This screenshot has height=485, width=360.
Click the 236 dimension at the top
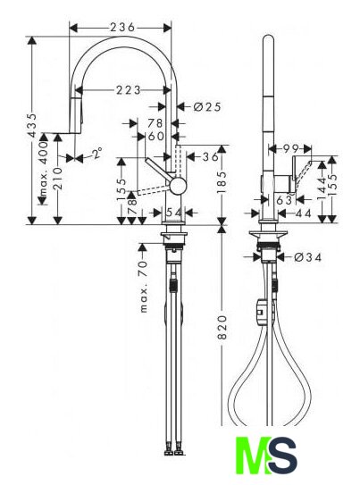[x=122, y=27]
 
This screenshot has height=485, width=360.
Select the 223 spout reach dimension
[x=128, y=90]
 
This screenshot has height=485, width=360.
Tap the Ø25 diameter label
[x=207, y=106]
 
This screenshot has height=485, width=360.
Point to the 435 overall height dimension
[x=32, y=125]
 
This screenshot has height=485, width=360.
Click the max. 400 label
[x=44, y=169]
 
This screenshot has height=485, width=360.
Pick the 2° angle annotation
[x=97, y=153]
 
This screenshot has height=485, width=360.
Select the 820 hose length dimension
[x=222, y=327]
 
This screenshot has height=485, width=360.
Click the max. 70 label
[x=144, y=287]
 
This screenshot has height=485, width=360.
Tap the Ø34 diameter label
[x=307, y=257]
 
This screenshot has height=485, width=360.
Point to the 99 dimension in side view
[x=291, y=149]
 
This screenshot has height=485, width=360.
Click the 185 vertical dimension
[x=222, y=182]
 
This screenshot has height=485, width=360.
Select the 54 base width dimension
[x=174, y=213]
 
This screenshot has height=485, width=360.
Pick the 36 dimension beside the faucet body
[x=210, y=156]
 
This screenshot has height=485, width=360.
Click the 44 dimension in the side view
[x=303, y=213]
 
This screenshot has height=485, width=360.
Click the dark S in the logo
[x=281, y=455]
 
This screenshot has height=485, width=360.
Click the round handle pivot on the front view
[x=178, y=186]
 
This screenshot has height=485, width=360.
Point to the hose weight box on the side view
[x=262, y=312]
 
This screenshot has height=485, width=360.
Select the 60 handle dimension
[x=156, y=136]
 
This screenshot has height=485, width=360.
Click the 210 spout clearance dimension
[x=57, y=179]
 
